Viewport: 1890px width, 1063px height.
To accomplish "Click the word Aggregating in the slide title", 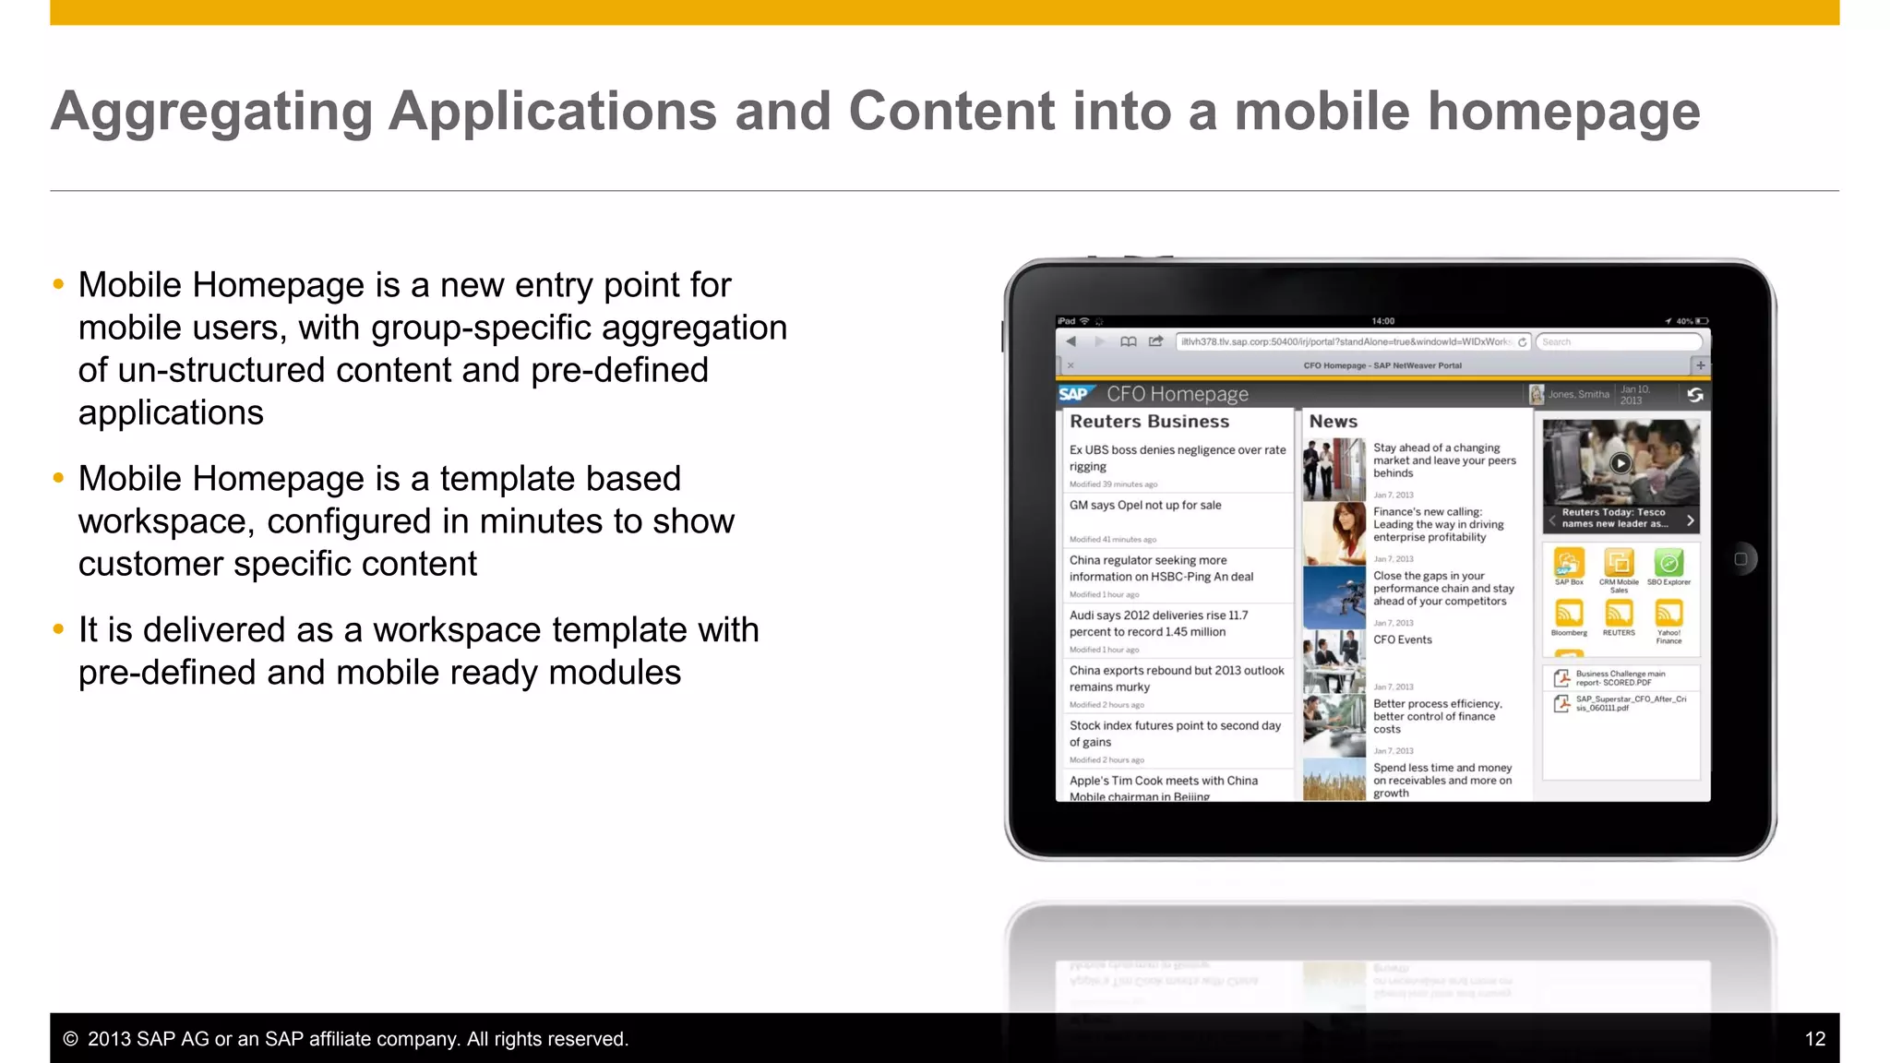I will pyautogui.click(x=211, y=112).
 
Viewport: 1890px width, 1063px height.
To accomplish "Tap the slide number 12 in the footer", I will pyautogui.click(x=1814, y=1039).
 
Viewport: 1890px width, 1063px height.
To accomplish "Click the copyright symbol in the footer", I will pyautogui.click(x=70, y=1039).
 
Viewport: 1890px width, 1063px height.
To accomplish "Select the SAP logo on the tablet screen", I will pyautogui.click(x=1074, y=394).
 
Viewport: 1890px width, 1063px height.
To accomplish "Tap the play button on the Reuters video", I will pyautogui.click(x=1620, y=463).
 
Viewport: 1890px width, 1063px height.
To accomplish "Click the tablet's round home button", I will pyautogui.click(x=1740, y=559).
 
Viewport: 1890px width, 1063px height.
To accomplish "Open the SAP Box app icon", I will pyautogui.click(x=1569, y=562).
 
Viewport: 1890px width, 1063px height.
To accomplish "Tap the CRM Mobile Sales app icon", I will pyautogui.click(x=1619, y=562).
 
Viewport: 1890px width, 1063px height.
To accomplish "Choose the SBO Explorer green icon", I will pyautogui.click(x=1669, y=562).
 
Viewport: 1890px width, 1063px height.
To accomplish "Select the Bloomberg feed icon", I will pyautogui.click(x=1569, y=613).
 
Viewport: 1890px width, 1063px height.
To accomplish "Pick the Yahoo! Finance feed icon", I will pyautogui.click(x=1669, y=613).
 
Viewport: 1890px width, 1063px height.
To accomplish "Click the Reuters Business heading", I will pyautogui.click(x=1149, y=422).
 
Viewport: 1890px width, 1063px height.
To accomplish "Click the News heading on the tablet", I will pyautogui.click(x=1333, y=422).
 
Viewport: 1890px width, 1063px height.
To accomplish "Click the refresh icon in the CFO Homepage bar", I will pyautogui.click(x=1694, y=395).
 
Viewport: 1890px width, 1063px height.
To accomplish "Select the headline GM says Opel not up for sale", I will pyautogui.click(x=1144, y=506).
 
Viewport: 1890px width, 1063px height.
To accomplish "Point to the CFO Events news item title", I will pyautogui.click(x=1402, y=639).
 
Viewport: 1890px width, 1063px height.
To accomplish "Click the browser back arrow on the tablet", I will pyautogui.click(x=1071, y=341).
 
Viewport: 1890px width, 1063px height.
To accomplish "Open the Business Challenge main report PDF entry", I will pyautogui.click(x=1619, y=678).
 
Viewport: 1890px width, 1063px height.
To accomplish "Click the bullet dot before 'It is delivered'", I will pyautogui.click(x=58, y=630).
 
